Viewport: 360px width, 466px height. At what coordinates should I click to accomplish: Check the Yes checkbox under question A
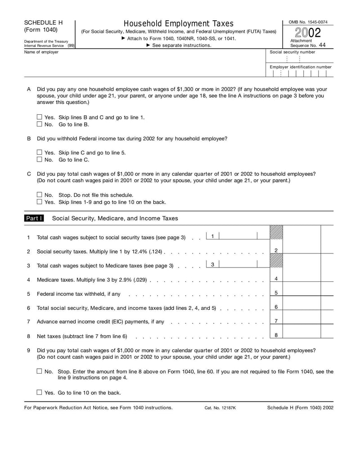point(39,117)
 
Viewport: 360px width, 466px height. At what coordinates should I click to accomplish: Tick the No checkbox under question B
point(39,159)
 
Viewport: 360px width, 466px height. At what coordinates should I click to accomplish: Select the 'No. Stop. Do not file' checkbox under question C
point(39,195)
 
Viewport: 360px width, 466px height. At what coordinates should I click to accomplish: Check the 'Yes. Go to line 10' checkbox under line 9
point(39,392)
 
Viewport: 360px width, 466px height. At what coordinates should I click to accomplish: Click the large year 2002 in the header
point(308,33)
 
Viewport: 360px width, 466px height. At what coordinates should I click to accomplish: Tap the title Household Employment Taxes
point(178,23)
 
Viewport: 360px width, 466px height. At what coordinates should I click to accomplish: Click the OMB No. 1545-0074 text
point(308,22)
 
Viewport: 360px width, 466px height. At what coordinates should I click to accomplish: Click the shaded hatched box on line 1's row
point(276,232)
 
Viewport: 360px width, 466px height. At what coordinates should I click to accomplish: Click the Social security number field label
point(292,52)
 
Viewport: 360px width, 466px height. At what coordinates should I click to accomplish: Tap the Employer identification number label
point(300,67)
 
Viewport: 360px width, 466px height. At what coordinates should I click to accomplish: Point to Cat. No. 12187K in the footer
point(220,408)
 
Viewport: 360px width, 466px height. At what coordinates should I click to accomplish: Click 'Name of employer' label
point(41,52)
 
